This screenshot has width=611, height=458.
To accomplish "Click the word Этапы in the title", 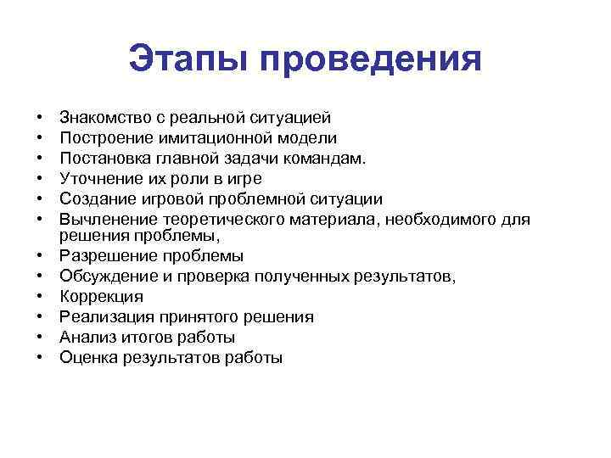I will [188, 61].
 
